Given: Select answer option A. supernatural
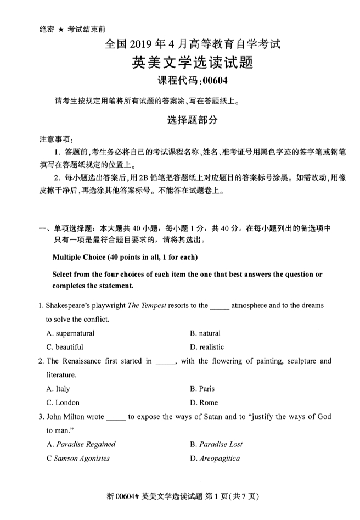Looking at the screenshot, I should [x=71, y=333].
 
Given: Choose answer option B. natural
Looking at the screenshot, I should [x=205, y=333].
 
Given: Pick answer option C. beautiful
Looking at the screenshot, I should [x=65, y=347].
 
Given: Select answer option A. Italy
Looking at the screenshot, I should [x=59, y=389].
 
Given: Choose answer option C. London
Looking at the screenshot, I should [x=63, y=402].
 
